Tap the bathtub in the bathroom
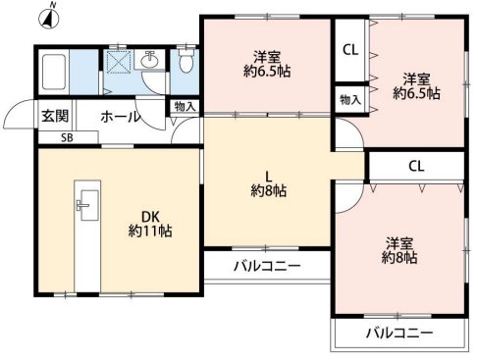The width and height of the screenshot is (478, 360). click(x=55, y=72)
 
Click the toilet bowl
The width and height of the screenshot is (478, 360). click(x=184, y=65)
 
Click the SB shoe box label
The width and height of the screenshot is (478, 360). click(x=67, y=138)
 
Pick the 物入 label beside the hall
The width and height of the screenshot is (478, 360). click(x=184, y=106)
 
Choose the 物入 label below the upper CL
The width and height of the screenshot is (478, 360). click(x=349, y=98)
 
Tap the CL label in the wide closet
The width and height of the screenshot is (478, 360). click(x=415, y=165)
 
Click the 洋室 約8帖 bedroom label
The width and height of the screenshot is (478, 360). click(x=399, y=250)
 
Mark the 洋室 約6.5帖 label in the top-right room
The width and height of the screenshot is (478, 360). click(x=416, y=85)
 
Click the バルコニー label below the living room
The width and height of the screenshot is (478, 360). click(x=267, y=266)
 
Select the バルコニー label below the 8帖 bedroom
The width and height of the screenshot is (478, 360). click(x=398, y=334)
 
